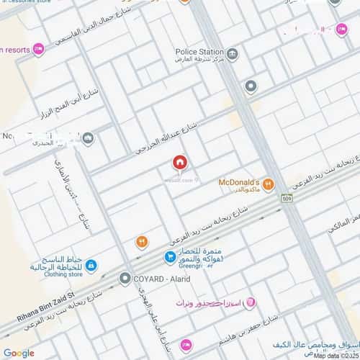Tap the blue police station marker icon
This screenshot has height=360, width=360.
(233, 53)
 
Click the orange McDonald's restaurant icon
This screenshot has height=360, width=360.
(268, 184)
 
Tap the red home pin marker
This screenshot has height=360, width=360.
(179, 163)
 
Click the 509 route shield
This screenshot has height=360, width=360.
(287, 199)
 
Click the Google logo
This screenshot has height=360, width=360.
(18, 353)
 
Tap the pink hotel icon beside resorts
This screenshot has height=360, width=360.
(38, 48)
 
